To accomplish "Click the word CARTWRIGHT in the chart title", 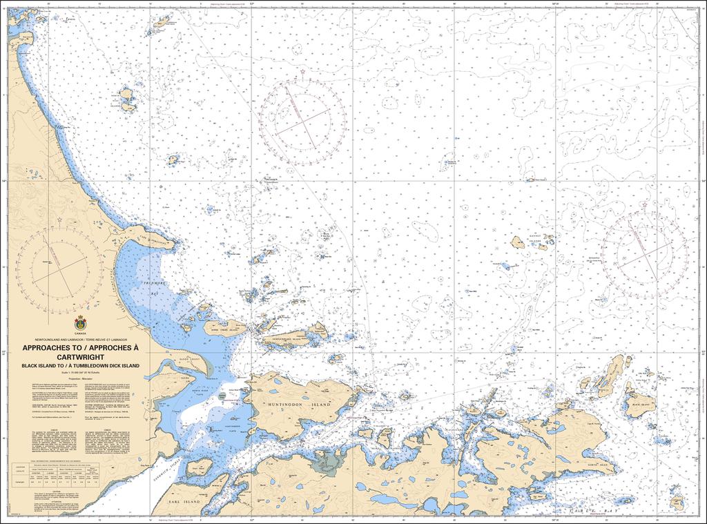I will point(80,357).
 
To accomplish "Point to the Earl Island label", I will point(186,501).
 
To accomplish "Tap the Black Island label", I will point(638,405).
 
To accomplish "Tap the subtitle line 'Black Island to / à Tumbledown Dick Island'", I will point(80,365).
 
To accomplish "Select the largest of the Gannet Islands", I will point(517,242).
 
